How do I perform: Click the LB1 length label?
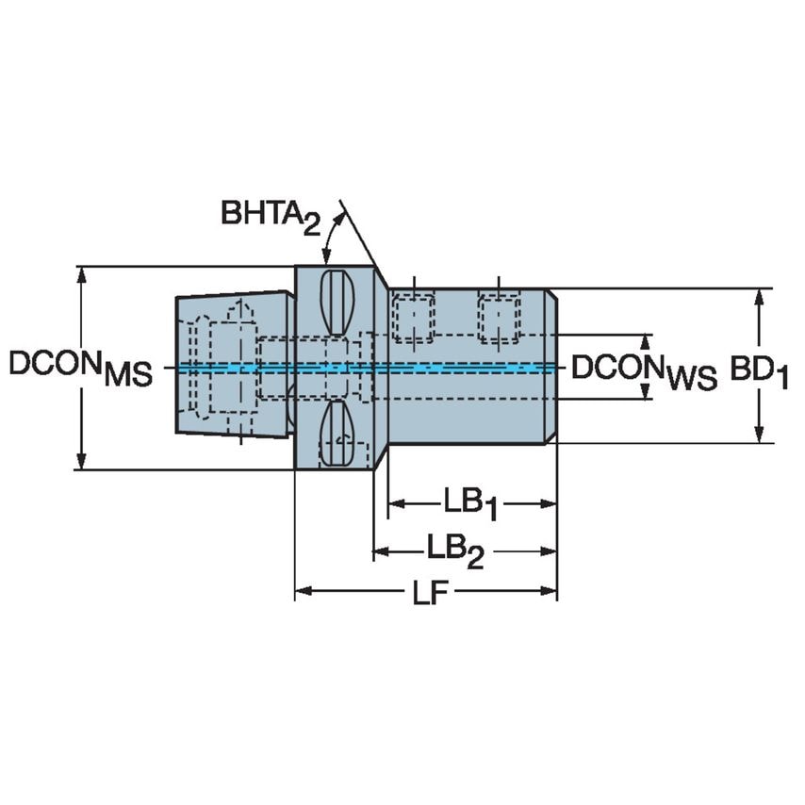point(470,503)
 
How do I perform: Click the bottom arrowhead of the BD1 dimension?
point(760,435)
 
